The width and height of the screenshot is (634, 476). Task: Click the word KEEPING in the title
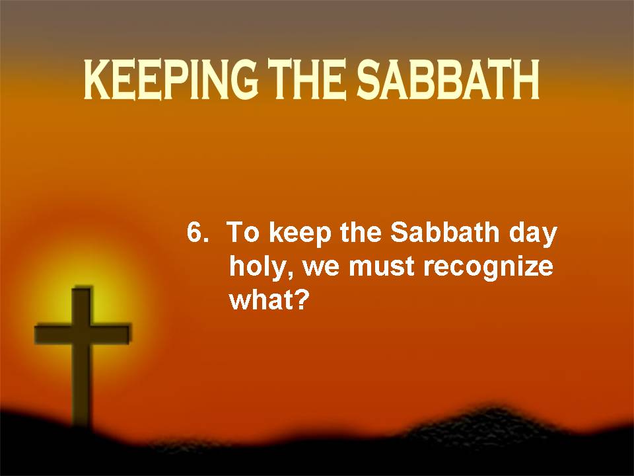pos(170,80)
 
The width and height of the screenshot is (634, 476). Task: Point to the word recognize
pos(488,268)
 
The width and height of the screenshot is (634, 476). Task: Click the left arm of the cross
pos(53,334)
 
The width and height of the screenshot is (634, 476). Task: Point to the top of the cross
pos(83,288)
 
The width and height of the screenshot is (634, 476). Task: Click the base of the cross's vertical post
pos(83,421)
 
